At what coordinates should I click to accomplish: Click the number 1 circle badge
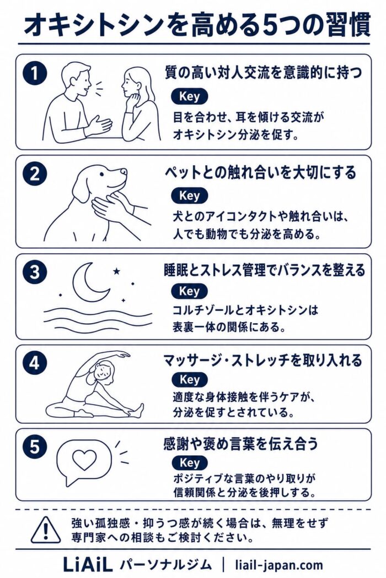pos(35,73)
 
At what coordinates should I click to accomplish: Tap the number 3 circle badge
pos(35,272)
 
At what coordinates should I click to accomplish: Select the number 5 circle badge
pos(35,447)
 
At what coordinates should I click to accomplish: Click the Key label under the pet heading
pos(189,196)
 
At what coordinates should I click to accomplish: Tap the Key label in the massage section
pos(190,379)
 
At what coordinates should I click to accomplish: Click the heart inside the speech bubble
pos(84,459)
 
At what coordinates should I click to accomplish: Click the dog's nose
pos(124,171)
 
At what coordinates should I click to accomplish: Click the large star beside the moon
pos(116,272)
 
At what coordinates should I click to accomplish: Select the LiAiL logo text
pos(88,565)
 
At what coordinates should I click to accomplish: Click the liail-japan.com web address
pos(279,565)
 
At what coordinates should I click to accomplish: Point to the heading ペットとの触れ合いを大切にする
pos(260,172)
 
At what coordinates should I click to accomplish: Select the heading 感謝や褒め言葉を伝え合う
pos(240,444)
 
